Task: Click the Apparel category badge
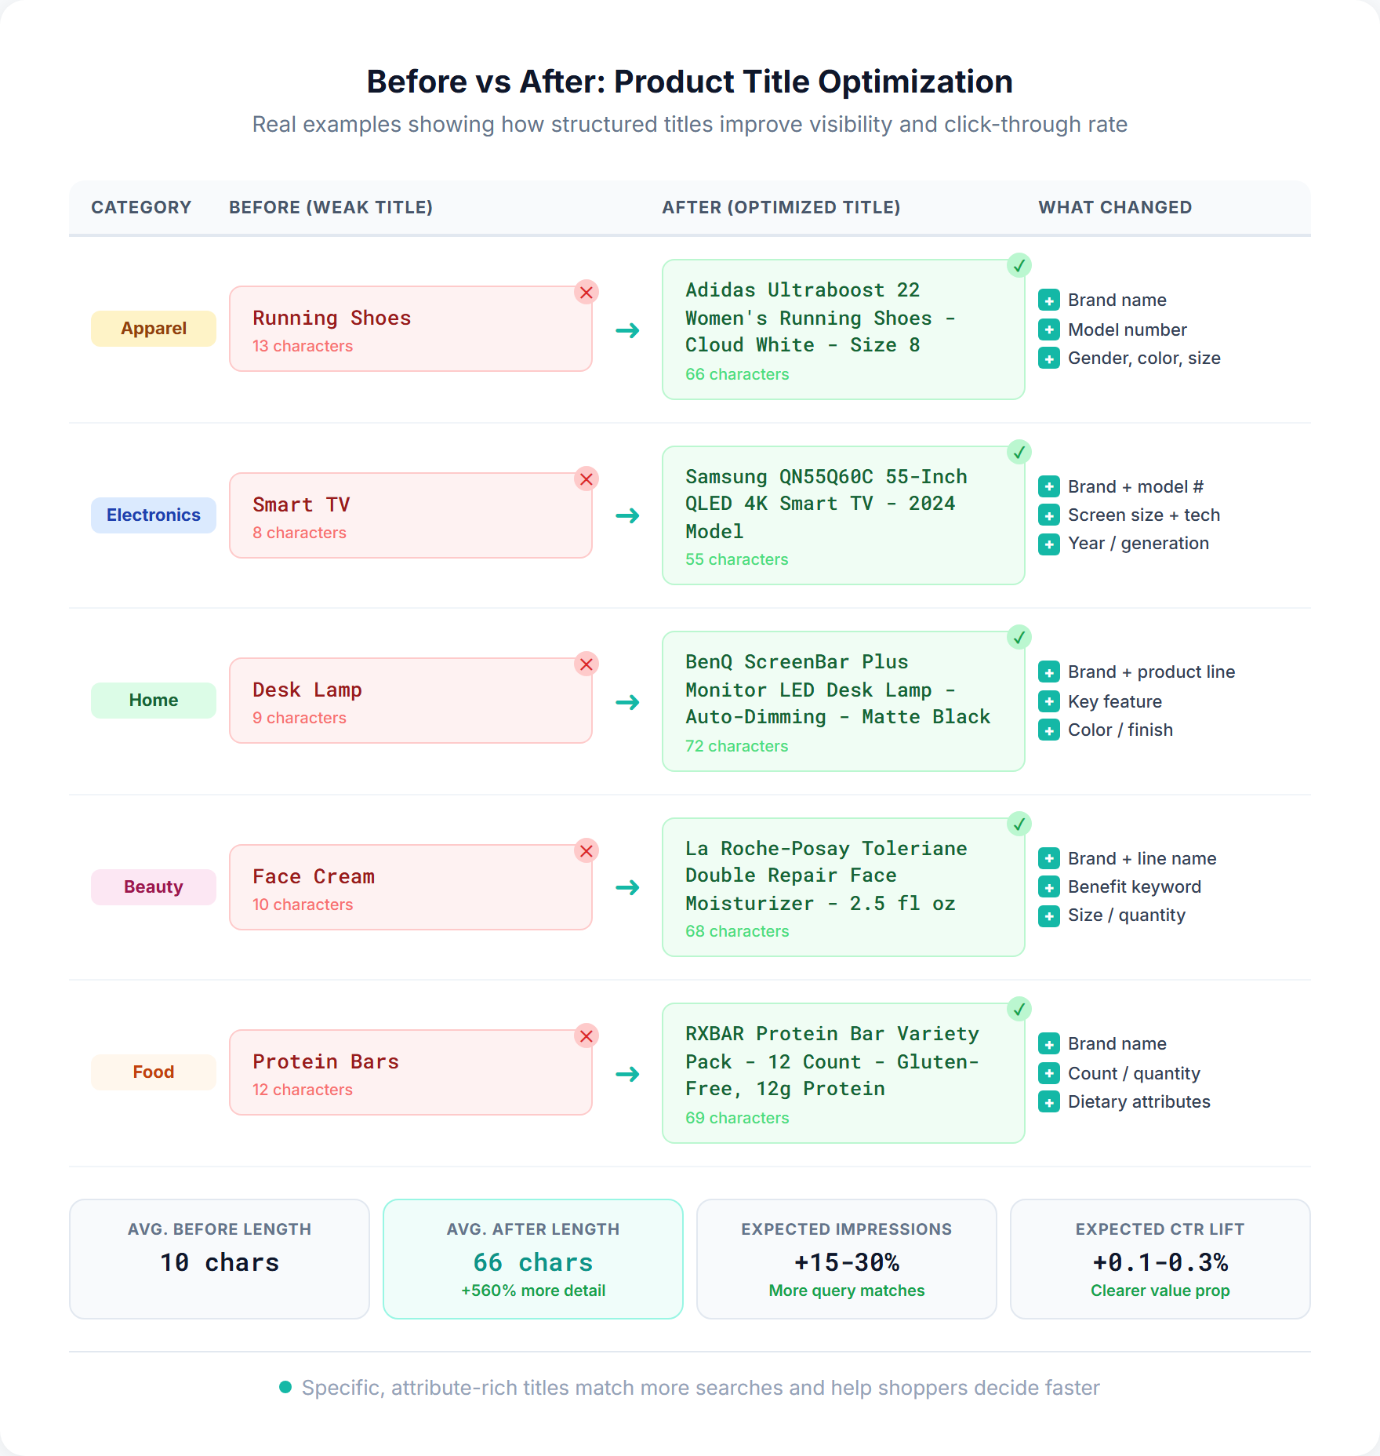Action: (154, 329)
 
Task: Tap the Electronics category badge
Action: (154, 515)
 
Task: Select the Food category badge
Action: (154, 1072)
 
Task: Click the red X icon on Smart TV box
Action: (586, 479)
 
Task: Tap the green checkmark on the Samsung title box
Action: (1019, 452)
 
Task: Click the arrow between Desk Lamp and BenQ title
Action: (627, 702)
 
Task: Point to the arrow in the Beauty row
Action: (627, 887)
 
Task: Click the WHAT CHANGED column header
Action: (1114, 207)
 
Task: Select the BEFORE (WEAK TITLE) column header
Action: (330, 207)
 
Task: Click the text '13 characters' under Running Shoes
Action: (303, 346)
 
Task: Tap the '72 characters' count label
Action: (736, 746)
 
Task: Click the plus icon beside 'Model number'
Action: (1048, 329)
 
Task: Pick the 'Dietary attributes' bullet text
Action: (1138, 1102)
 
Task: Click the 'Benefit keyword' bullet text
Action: (1134, 887)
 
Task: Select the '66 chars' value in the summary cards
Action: (533, 1262)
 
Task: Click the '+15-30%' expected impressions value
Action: (847, 1262)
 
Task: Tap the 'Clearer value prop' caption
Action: (1160, 1290)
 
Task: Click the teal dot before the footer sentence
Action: (285, 1388)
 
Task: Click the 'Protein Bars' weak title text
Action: (325, 1061)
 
